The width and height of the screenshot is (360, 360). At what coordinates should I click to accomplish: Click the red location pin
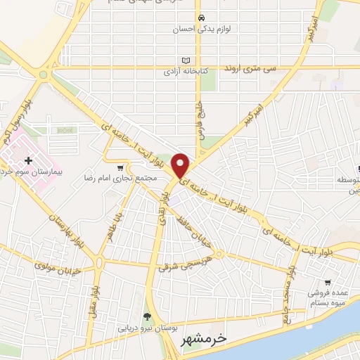[x=181, y=165]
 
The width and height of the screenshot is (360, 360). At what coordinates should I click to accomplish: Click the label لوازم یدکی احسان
[x=201, y=30]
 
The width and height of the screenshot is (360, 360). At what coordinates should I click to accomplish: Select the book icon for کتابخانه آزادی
[x=186, y=60]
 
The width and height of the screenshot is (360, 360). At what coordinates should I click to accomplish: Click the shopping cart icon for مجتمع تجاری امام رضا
[x=122, y=167]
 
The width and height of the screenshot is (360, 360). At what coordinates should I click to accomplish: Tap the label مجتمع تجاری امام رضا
[x=117, y=179]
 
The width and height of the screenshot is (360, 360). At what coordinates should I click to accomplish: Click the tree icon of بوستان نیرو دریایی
[x=147, y=316]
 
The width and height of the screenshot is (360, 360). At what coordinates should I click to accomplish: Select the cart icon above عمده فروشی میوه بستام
[x=328, y=282]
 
